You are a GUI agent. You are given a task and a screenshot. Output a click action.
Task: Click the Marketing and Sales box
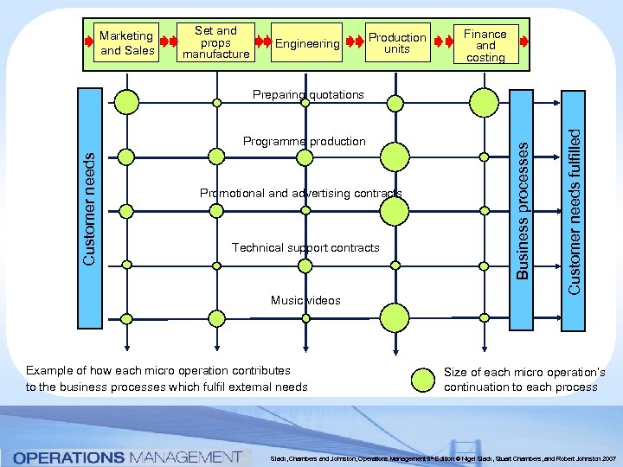coord(127,43)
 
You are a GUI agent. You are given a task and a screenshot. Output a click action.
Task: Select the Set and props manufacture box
coord(215,42)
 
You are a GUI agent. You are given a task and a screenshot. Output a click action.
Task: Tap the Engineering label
coord(306,43)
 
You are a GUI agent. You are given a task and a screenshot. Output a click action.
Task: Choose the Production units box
coord(397,43)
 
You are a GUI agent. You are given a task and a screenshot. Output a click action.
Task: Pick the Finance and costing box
coord(485,45)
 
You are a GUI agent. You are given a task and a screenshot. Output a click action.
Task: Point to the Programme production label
coord(304,141)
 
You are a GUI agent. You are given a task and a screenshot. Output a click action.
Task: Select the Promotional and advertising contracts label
coord(300,193)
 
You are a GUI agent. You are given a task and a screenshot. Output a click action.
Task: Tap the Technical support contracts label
coord(305,248)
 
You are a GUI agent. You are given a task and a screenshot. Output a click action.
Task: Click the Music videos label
coord(305,301)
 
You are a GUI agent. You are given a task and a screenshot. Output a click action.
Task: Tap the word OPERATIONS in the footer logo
coord(68,456)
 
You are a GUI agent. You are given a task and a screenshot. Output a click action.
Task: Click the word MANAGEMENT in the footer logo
coord(183,456)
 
